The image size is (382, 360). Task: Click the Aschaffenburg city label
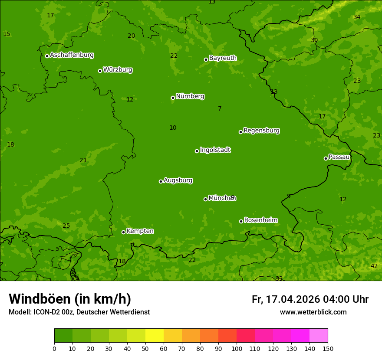72,55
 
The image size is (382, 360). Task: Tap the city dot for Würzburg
100,71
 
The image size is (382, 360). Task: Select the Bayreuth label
223,58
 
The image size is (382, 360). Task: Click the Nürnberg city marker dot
173,98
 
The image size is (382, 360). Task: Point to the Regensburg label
261,130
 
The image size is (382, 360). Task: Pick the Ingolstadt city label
215,150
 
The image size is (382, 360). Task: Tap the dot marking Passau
326,158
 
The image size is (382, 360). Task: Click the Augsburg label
178,180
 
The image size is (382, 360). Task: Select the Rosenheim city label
260,220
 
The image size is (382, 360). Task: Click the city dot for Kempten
123,232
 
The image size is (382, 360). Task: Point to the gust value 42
374,266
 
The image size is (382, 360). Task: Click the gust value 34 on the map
357,17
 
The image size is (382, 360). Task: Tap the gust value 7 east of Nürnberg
220,108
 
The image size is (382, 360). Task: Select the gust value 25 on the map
66,226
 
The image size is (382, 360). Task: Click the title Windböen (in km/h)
70,299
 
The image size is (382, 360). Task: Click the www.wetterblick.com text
313,312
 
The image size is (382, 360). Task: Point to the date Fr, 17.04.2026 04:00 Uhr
310,299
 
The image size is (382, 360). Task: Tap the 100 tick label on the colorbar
237,348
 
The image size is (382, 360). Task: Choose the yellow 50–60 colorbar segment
155,336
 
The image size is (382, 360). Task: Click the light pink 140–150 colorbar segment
319,336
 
